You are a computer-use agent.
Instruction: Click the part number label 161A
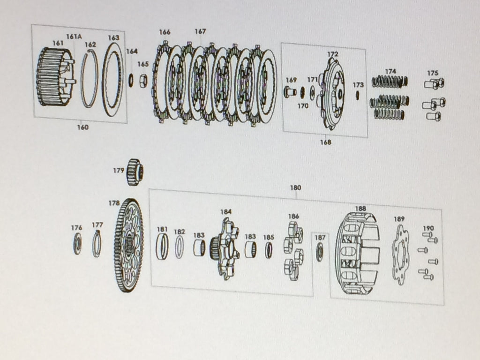[x=73, y=36]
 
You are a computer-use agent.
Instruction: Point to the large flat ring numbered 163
[x=112, y=79]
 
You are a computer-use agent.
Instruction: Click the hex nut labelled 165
[x=143, y=81]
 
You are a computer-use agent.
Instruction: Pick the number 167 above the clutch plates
[x=200, y=31]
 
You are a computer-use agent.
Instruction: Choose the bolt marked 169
[x=290, y=91]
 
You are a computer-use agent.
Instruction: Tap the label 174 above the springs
[x=390, y=71]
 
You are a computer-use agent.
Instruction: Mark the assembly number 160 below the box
[x=82, y=127]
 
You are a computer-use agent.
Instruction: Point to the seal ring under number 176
[x=77, y=244]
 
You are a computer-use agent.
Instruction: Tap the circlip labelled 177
[x=97, y=244]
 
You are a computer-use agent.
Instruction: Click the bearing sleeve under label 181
[x=162, y=247]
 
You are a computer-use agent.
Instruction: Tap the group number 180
[x=295, y=187]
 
